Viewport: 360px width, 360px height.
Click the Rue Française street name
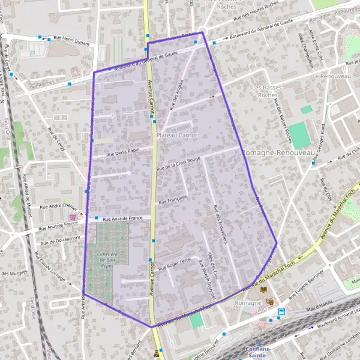pyautogui.click(x=173, y=199)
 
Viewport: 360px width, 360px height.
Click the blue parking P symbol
pyautogui.click(x=32, y=53)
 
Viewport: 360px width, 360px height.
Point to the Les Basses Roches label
pyautogui.click(x=264, y=91)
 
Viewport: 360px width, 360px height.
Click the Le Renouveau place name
pyautogui.click(x=326, y=77)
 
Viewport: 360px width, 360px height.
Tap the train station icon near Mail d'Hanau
pyautogui.click(x=281, y=311)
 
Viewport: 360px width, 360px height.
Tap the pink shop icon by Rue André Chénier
pyautogui.click(x=73, y=217)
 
